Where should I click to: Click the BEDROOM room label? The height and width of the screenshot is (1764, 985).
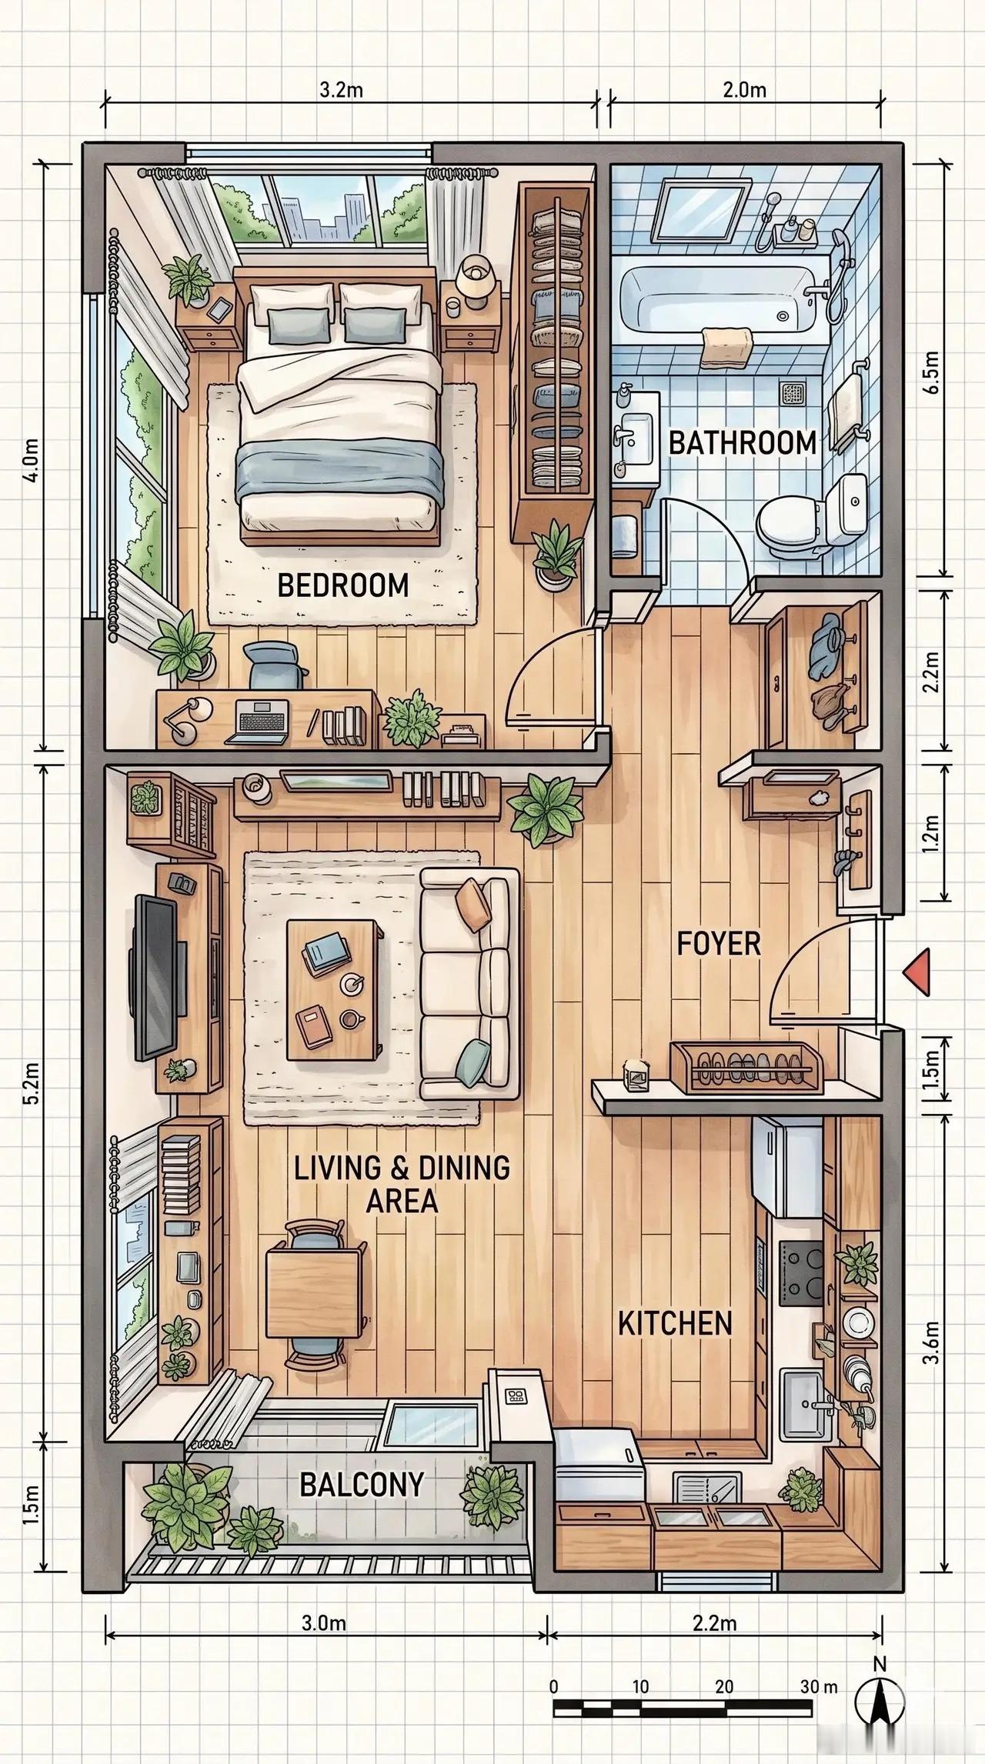click(342, 585)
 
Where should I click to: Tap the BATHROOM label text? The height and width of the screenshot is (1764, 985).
click(743, 443)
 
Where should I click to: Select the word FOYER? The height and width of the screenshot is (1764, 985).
click(719, 943)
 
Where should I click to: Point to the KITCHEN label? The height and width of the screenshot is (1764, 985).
click(675, 785)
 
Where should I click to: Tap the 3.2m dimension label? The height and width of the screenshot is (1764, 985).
click(341, 90)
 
